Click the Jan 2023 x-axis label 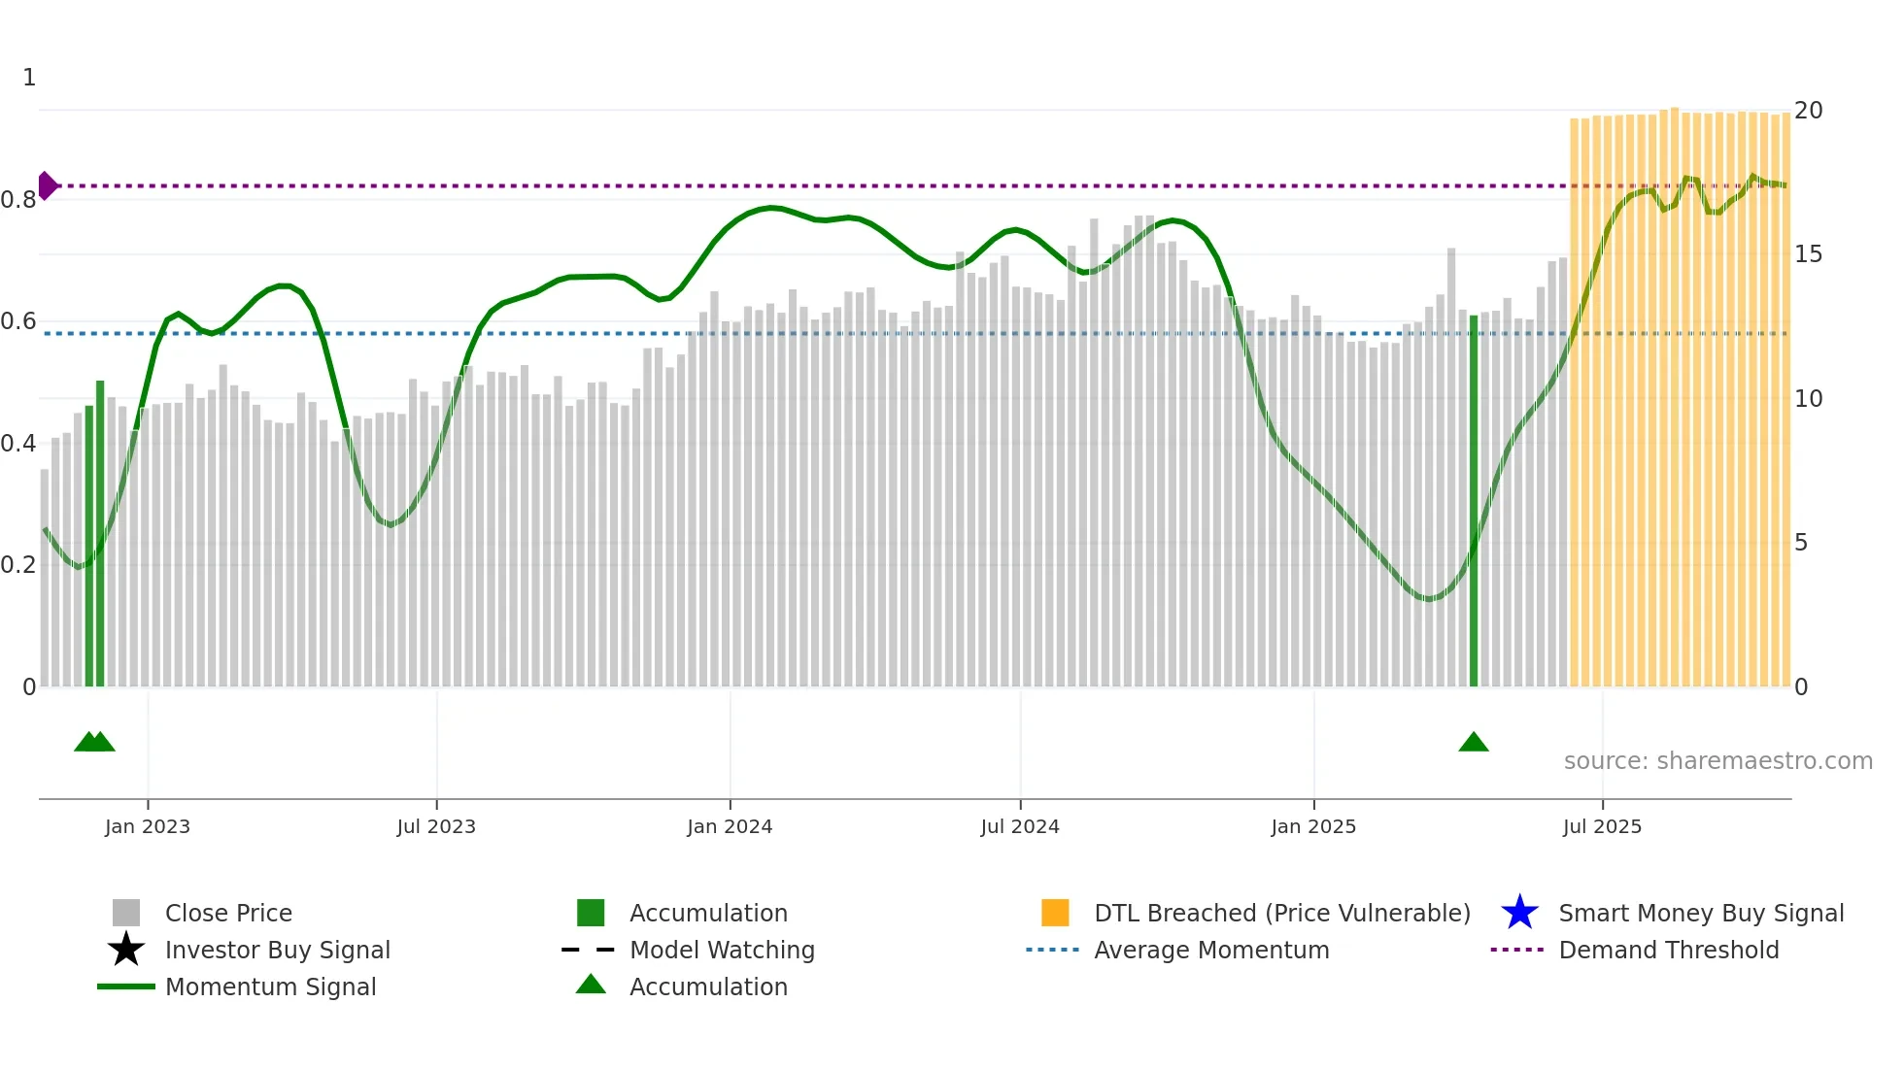pos(148,826)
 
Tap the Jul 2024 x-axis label pos(1019,826)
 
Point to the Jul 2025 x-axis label pos(1602,826)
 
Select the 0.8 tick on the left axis pos(18,200)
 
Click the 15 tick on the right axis pos(1808,254)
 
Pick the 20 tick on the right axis pos(1808,111)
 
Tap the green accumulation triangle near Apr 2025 pos(1473,743)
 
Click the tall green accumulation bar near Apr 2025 pos(1473,505)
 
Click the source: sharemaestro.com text pos(1717,760)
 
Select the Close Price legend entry pos(228,913)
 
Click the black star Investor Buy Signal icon pos(126,950)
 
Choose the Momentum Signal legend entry pos(270,986)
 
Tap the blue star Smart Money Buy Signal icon pos(1519,913)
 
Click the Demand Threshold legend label pos(1668,950)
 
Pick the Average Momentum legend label pos(1211,950)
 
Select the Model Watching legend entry pos(721,950)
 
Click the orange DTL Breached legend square pos(1055,913)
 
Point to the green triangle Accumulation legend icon pos(591,985)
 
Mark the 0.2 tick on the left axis pos(18,565)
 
